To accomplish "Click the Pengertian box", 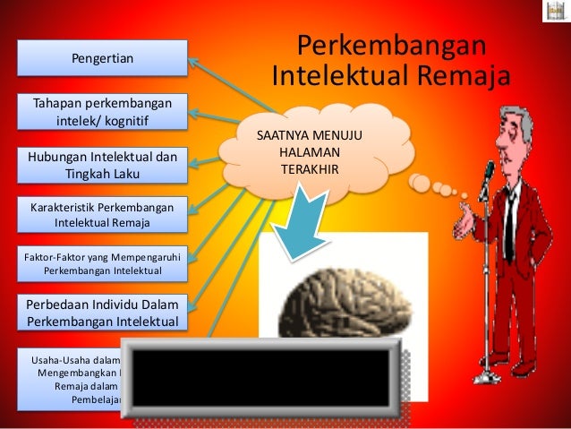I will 102,59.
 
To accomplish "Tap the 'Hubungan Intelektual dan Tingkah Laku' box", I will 102,164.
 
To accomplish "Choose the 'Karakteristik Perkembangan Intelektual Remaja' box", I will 102,214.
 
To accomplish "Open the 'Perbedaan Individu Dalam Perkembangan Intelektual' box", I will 102,312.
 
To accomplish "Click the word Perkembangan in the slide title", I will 391,45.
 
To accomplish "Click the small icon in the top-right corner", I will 555,12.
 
